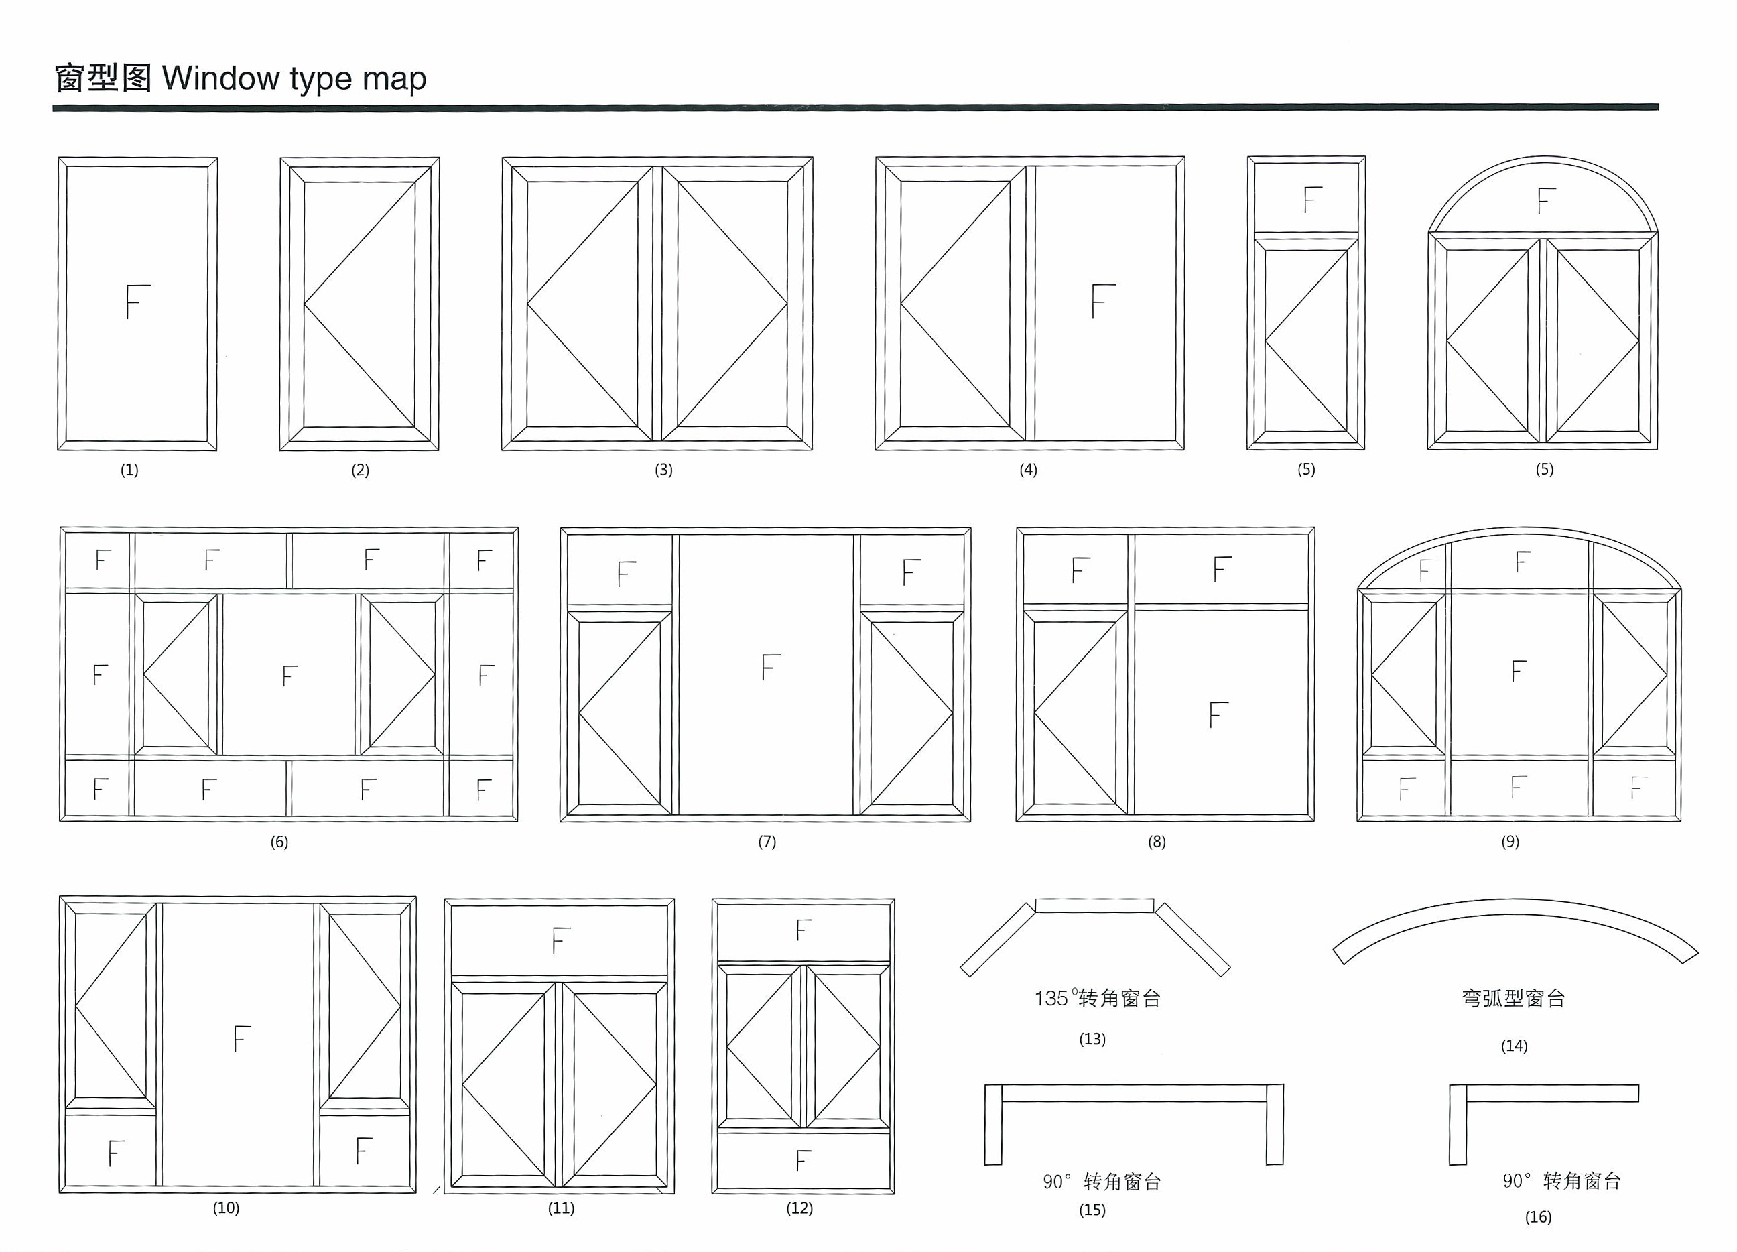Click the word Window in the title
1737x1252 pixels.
(x=221, y=78)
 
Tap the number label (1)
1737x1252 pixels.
(x=129, y=470)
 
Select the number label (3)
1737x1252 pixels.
(x=664, y=470)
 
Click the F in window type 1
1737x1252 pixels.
(x=138, y=301)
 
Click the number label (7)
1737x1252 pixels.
(x=767, y=841)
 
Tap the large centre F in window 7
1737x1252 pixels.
(x=771, y=668)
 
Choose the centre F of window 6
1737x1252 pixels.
(x=289, y=676)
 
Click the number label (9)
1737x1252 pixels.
(x=1510, y=841)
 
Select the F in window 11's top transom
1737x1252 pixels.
(x=562, y=940)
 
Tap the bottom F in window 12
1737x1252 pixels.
(x=803, y=1161)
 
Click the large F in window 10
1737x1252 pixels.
(x=242, y=1038)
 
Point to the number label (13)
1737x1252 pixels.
(x=1093, y=1039)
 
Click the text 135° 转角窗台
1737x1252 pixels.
(x=1098, y=997)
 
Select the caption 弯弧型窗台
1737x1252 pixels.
(x=1513, y=997)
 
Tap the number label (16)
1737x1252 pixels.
(x=1539, y=1216)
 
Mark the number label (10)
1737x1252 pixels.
(x=226, y=1208)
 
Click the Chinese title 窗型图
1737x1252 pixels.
(x=103, y=78)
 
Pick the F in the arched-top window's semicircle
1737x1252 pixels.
(x=1546, y=201)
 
